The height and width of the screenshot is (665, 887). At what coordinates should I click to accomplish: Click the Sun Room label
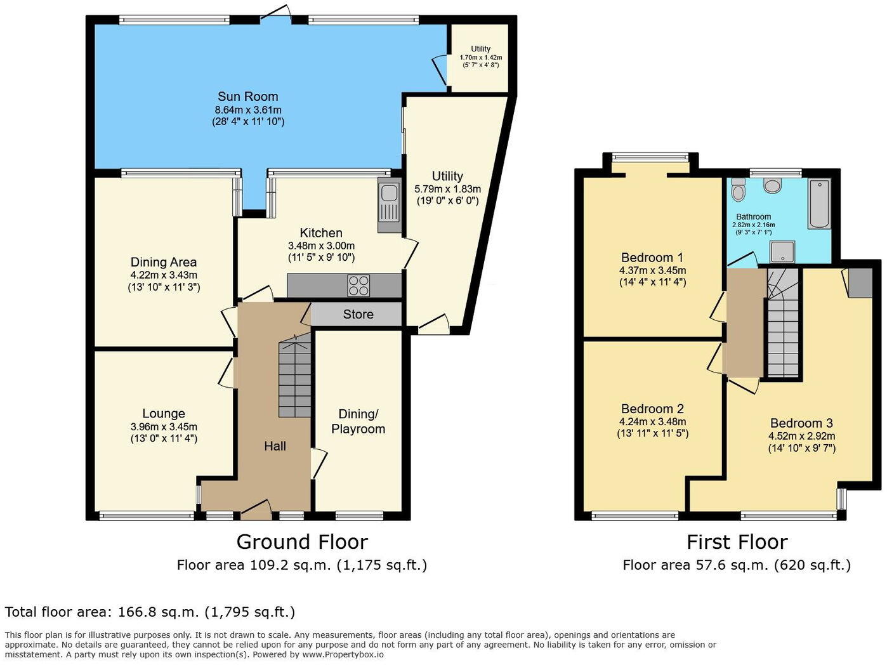click(247, 96)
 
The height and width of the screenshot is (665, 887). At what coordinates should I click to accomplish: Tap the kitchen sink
click(390, 206)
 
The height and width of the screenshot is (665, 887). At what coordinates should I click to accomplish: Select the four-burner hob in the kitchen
click(358, 286)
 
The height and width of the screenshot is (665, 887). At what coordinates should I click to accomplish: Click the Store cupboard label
click(358, 314)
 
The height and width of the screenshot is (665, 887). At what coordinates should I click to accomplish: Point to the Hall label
click(275, 446)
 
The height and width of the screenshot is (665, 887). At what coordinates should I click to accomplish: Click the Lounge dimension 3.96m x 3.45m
click(164, 426)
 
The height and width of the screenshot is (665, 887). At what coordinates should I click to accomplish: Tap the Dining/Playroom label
click(358, 421)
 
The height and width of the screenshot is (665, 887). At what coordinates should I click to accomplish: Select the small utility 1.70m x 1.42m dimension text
click(480, 57)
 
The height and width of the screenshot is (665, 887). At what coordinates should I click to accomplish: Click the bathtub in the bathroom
click(819, 204)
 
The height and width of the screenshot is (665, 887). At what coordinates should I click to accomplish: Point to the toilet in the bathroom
click(738, 190)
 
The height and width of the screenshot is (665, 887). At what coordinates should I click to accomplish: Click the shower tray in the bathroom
click(782, 252)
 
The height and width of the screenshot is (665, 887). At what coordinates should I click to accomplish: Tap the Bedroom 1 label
click(652, 258)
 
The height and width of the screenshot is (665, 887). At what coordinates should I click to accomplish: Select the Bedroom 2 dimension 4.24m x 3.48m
click(652, 422)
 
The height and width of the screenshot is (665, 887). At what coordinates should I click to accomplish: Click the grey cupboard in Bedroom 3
click(860, 283)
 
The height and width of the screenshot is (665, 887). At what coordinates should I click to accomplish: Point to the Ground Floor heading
click(302, 542)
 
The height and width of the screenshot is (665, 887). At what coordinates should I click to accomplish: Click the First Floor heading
click(737, 542)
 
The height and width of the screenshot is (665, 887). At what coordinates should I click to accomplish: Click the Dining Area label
click(164, 262)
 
